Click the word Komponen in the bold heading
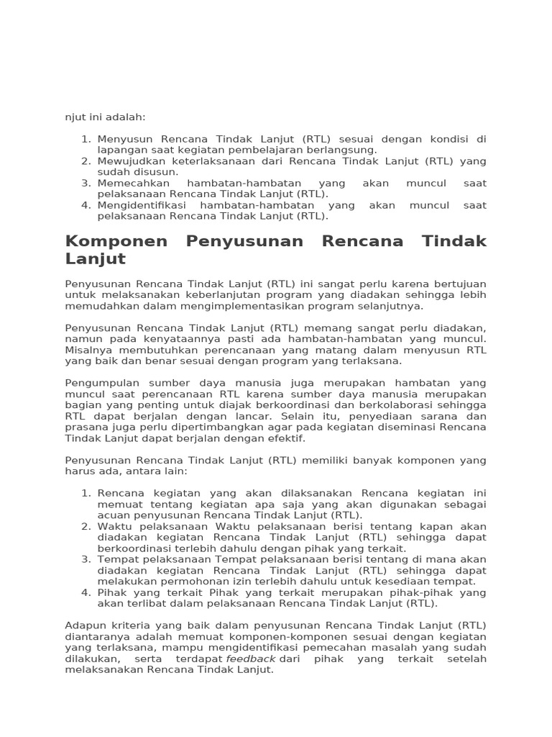pyautogui.click(x=116, y=241)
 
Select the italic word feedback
pyautogui.click(x=251, y=659)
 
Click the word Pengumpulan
pyautogui.click(x=98, y=383)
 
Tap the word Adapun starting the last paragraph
pyautogui.click(x=83, y=625)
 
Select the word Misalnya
pyautogui.click(x=86, y=350)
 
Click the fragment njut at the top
pyautogui.click(x=75, y=117)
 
